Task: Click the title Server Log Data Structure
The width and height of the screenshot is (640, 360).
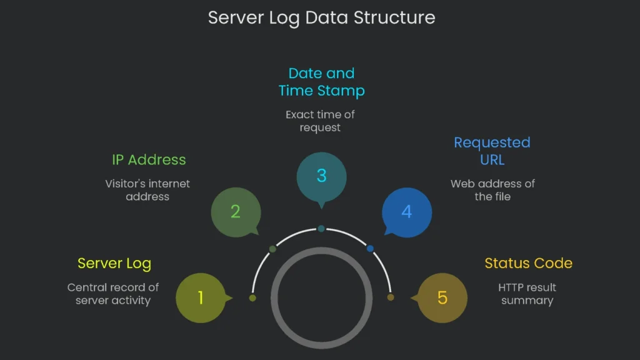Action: pyautogui.click(x=321, y=17)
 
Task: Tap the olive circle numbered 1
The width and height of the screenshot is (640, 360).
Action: pyautogui.click(x=201, y=298)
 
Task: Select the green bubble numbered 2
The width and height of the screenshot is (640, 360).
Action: pyautogui.click(x=235, y=212)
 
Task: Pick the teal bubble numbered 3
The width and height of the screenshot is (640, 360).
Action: pyautogui.click(x=321, y=176)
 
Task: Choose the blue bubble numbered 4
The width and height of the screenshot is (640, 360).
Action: pyautogui.click(x=406, y=212)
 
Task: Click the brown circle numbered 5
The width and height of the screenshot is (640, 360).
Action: pyautogui.click(x=442, y=298)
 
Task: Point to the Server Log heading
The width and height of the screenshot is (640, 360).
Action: pyautogui.click(x=114, y=263)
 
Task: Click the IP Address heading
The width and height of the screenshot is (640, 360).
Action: pyautogui.click(x=149, y=159)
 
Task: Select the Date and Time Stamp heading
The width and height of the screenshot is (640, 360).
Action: pyautogui.click(x=321, y=82)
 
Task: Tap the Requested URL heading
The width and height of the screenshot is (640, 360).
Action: pyautogui.click(x=492, y=151)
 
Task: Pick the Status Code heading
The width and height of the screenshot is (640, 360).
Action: pyautogui.click(x=528, y=263)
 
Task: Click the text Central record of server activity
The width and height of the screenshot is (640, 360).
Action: pyautogui.click(x=113, y=294)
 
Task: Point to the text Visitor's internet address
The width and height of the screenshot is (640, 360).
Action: pyautogui.click(x=147, y=190)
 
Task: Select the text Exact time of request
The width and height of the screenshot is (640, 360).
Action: pyautogui.click(x=320, y=121)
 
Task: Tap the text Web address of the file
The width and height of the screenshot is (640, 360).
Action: pyautogui.click(x=492, y=190)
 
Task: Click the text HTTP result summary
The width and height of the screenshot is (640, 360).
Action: pyautogui.click(x=527, y=294)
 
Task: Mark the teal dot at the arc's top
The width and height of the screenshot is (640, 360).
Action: pyautogui.click(x=321, y=229)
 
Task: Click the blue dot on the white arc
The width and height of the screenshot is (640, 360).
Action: pyautogui.click(x=370, y=249)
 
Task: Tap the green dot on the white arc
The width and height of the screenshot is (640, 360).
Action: pyautogui.click(x=272, y=249)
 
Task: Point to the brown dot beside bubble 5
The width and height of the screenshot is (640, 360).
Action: pyautogui.click(x=391, y=297)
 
